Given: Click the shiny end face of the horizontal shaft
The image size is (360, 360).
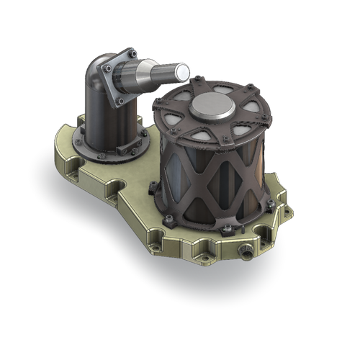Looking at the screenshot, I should [182, 71].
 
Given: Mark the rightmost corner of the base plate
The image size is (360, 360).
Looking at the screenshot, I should [289, 213].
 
